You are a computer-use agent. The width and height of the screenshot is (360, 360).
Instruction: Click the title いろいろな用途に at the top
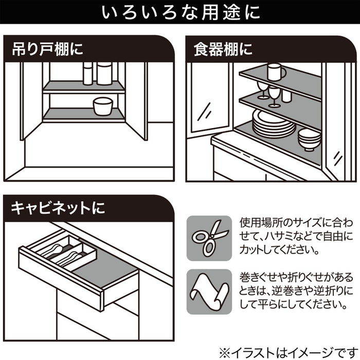click(x=180, y=12)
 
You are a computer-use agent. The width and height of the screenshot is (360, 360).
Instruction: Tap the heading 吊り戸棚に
click(x=47, y=50)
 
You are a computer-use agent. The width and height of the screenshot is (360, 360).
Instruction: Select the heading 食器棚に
click(x=223, y=50)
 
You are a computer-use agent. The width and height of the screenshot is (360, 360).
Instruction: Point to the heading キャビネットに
click(x=58, y=208)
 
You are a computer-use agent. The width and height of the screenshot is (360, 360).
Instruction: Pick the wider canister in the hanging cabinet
click(x=105, y=73)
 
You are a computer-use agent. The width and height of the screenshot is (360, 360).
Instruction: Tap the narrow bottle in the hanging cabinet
click(x=87, y=74)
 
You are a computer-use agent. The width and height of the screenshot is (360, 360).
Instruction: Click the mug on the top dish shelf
click(x=275, y=72)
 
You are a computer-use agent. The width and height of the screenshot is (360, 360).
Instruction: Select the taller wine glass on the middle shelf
click(x=274, y=96)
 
